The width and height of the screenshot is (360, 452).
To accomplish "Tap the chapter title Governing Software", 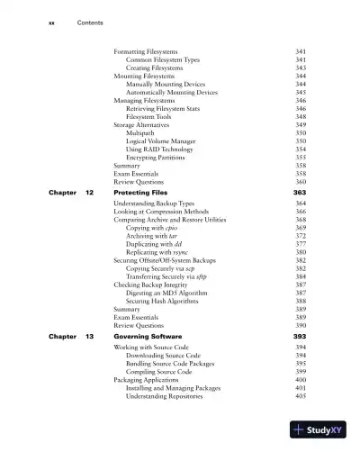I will [150, 335].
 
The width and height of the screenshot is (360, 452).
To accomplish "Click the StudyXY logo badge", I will [319, 430].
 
